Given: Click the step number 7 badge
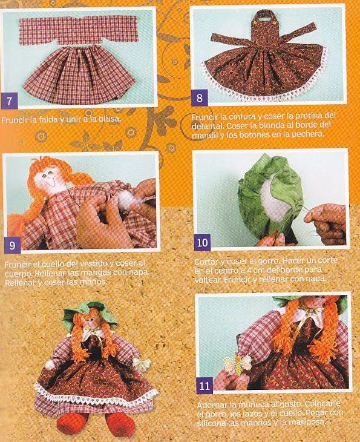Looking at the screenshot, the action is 9,101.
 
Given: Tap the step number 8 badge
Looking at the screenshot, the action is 199,98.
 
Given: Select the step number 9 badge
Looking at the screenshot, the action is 12,245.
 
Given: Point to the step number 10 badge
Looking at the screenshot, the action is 202,242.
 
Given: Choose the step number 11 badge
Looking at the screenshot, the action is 205,385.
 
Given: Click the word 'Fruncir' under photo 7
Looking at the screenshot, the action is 15,120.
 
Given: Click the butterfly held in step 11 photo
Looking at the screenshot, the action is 237,364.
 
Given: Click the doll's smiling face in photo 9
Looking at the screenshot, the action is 51,181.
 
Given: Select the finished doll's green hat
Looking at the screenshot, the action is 90,312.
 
